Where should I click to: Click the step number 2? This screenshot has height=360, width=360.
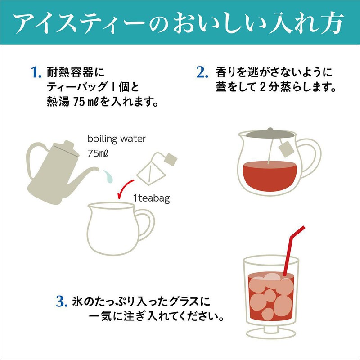coord(202,72)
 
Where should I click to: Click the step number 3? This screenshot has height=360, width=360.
coord(61,301)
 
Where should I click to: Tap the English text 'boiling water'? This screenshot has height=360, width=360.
coord(117,139)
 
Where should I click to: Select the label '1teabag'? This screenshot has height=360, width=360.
coord(151,198)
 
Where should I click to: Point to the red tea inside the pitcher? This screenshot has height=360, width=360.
coord(268,173)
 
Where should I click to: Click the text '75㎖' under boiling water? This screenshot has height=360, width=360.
coord(98,153)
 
